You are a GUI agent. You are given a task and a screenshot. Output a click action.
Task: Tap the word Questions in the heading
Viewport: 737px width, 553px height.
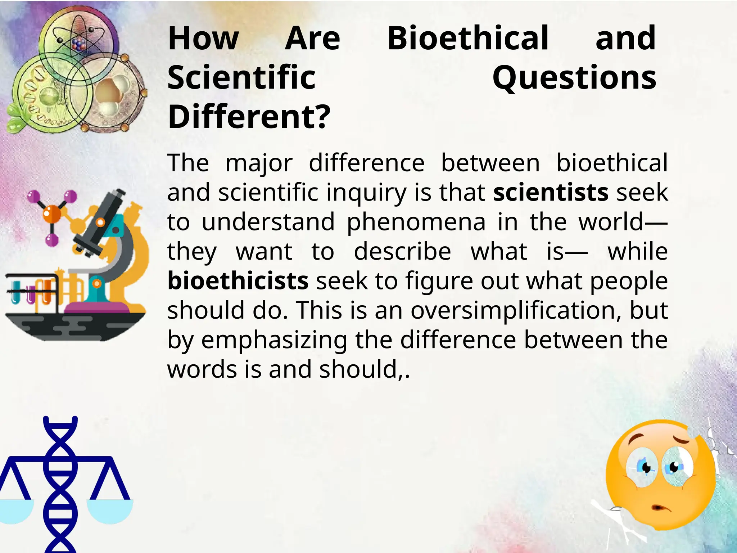pos(574,78)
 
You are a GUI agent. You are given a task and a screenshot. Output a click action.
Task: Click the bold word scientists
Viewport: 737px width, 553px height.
pos(551,193)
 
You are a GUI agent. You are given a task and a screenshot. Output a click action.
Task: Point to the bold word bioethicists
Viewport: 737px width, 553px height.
pos(238,281)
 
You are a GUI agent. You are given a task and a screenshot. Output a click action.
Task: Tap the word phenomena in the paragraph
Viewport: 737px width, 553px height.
pos(416,222)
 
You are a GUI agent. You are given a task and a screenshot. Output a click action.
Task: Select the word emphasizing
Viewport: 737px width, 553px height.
pos(274,340)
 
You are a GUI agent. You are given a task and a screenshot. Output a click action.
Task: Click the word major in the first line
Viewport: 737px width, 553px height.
pos(259,163)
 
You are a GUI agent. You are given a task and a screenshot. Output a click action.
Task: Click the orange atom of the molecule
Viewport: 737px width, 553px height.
pos(52,213)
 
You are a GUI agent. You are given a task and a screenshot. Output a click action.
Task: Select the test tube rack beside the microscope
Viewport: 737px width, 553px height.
pos(32,290)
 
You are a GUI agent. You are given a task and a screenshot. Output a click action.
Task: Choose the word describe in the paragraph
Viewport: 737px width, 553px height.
pos(402,252)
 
